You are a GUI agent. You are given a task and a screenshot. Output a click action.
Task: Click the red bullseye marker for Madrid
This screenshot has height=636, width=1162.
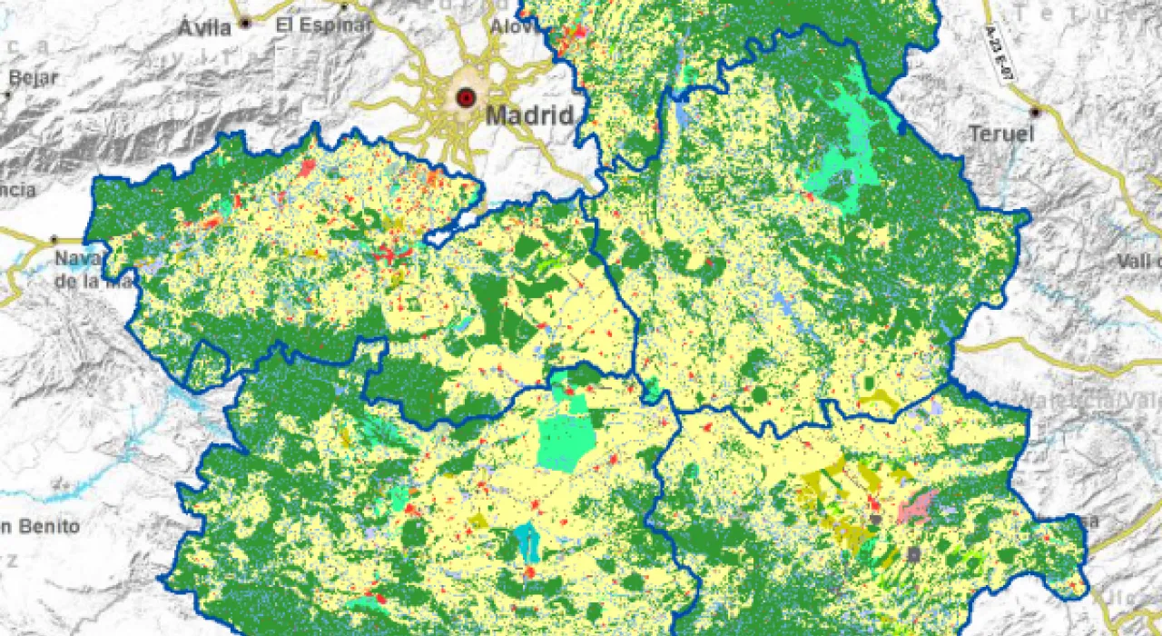click(466, 97)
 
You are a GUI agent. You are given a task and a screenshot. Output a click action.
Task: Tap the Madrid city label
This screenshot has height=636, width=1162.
click(529, 115)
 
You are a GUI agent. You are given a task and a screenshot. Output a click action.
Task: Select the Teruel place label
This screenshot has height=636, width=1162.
click(1001, 134)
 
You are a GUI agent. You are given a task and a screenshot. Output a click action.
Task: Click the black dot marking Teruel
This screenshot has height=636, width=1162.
click(1035, 112)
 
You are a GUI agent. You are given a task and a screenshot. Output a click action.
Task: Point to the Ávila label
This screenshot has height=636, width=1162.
click(204, 27)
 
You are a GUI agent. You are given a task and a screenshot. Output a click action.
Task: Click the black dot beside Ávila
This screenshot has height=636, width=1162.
click(245, 22)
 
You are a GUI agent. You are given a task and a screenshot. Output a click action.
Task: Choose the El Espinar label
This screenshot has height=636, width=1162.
click(323, 25)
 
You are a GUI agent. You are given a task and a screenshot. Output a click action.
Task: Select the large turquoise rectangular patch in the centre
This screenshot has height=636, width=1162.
click(566, 442)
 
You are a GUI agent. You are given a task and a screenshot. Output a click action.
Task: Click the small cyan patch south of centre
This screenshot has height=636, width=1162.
click(527, 542)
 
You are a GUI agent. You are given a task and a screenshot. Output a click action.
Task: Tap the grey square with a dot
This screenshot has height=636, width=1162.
click(913, 552)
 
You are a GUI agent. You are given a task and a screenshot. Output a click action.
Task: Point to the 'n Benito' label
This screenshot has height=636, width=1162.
click(40, 526)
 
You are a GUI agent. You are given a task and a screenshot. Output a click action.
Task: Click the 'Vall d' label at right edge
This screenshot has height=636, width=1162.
click(1138, 261)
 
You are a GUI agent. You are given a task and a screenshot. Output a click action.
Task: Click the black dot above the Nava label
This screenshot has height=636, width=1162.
click(53, 239)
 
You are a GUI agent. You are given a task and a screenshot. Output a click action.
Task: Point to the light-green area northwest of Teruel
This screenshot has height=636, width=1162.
click(844, 164)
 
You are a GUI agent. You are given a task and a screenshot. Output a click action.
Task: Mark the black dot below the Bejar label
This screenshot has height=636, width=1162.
click(7, 94)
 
